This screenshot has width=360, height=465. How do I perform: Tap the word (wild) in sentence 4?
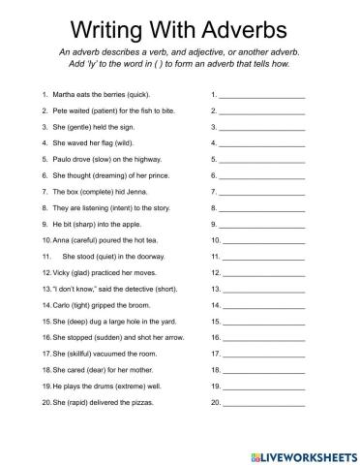118,144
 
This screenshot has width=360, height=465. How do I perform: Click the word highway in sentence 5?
129,161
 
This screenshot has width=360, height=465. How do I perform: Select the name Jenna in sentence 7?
131,193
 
